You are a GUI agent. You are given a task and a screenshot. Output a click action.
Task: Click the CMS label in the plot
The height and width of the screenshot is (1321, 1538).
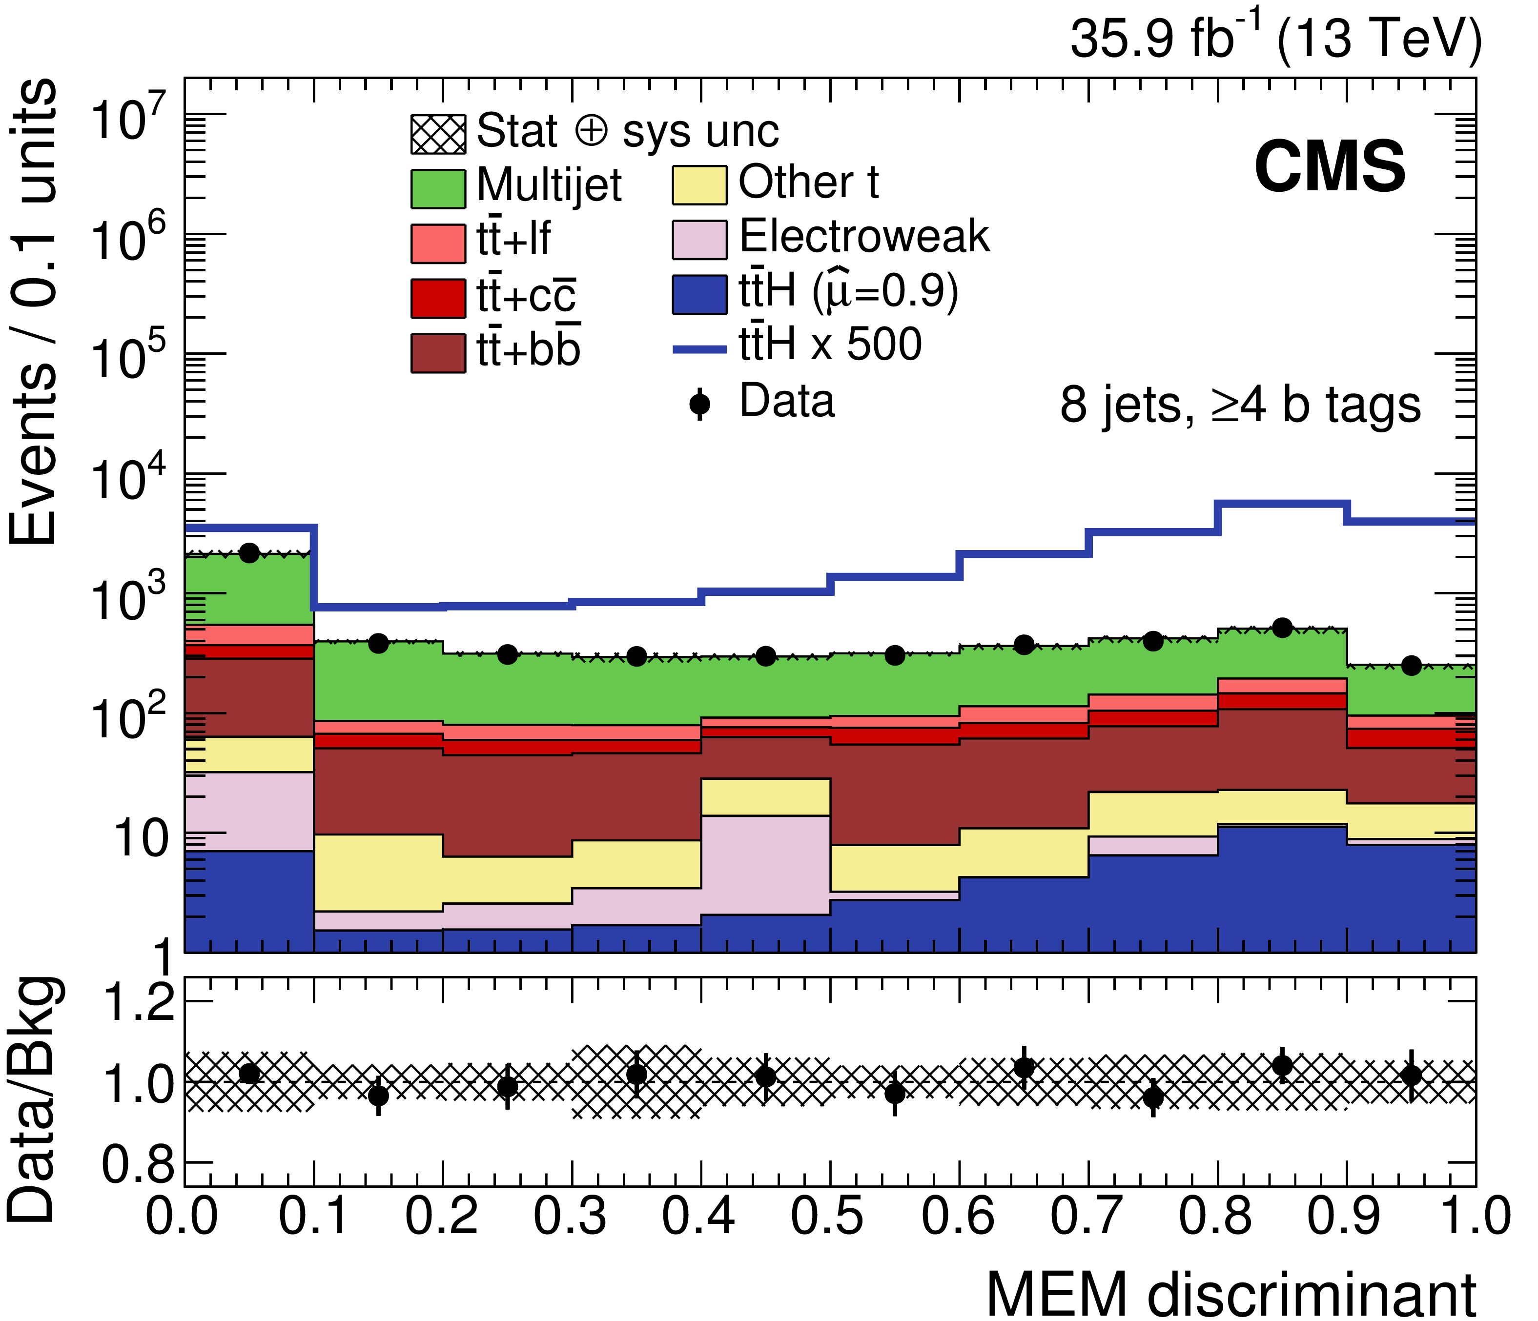(x=1330, y=168)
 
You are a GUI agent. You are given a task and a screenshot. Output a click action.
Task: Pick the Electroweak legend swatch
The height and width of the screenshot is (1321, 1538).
(x=699, y=239)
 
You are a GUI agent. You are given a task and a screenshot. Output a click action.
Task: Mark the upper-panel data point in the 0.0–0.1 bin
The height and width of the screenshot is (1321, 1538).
(x=249, y=553)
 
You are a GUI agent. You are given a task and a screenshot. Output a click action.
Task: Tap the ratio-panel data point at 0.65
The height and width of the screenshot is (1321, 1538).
(x=1025, y=1068)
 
